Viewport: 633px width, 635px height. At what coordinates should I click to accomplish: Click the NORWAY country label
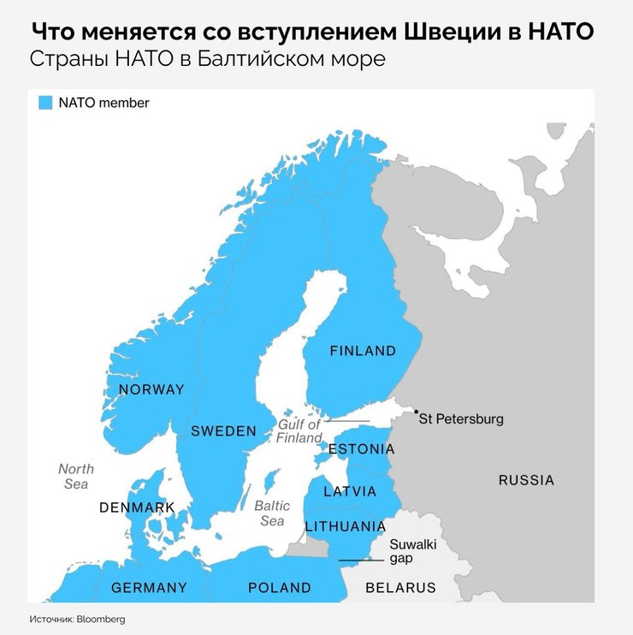(x=151, y=390)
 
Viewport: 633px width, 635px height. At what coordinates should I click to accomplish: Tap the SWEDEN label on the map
(x=223, y=431)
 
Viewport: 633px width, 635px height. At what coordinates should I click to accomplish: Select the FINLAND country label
(x=363, y=351)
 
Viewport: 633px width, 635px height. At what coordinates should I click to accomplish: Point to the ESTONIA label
(x=362, y=449)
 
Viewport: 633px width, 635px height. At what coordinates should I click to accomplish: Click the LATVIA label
(x=349, y=492)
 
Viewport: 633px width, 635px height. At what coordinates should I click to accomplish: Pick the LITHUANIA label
(x=345, y=526)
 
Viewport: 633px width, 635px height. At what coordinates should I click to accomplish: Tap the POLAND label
(x=279, y=588)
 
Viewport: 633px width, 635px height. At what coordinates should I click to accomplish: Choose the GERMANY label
(x=149, y=588)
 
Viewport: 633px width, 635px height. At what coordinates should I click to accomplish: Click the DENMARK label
(x=137, y=507)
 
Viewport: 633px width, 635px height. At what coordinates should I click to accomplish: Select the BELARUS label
(x=400, y=588)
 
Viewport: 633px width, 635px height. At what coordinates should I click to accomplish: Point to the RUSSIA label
(x=526, y=480)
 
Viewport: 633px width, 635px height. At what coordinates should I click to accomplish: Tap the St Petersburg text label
(x=463, y=419)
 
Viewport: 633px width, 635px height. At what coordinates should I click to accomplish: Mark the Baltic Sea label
(x=272, y=513)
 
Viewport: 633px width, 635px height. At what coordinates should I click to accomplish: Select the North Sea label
(x=75, y=477)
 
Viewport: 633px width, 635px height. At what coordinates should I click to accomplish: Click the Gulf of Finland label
(x=299, y=430)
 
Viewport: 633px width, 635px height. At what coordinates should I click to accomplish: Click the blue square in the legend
(x=46, y=103)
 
